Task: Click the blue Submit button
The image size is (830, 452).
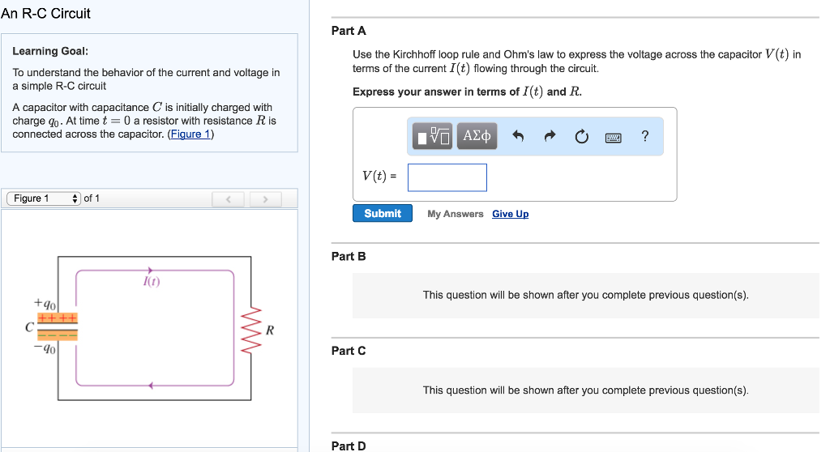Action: (383, 213)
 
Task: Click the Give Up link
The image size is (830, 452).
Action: (510, 214)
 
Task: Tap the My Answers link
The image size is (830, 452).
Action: (455, 214)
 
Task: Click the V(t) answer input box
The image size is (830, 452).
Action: (447, 177)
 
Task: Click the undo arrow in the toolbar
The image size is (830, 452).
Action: (519, 137)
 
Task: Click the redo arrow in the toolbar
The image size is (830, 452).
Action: (550, 137)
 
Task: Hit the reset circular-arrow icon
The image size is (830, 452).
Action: (581, 137)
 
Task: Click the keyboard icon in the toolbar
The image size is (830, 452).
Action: (613, 137)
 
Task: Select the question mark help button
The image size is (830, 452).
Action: (644, 136)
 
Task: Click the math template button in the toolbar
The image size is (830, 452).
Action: (434, 136)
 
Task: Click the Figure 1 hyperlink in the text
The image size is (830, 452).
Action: (189, 134)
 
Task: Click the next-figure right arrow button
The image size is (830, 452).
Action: (264, 198)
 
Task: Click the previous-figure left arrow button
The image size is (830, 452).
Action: (228, 198)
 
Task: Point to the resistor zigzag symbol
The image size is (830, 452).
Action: (252, 330)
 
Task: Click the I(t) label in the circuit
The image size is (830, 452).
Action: (151, 282)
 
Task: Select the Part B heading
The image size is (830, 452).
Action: (349, 256)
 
